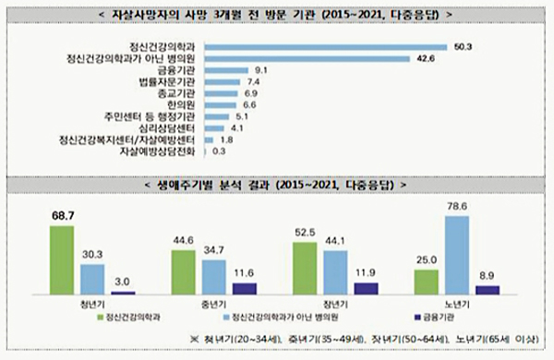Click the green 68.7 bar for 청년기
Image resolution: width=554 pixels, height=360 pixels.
click(x=62, y=260)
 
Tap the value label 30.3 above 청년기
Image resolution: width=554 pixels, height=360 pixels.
click(x=92, y=254)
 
